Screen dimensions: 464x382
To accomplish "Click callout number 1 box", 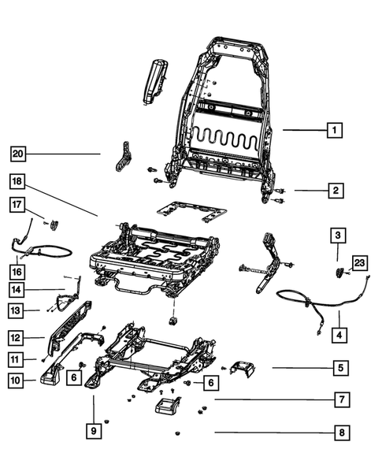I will (335, 130).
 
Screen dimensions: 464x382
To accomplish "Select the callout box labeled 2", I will (335, 190).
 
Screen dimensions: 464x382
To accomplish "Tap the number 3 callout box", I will (336, 235).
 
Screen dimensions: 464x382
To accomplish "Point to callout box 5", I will (339, 367).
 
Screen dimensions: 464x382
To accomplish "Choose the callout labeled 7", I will (339, 400).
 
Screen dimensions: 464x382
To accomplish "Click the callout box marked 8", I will (339, 432).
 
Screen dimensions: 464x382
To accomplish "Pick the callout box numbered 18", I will (17, 183).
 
